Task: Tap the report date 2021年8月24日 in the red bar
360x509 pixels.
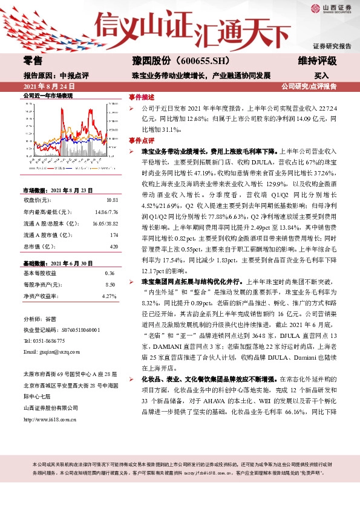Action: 47,86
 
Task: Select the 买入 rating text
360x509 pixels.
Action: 321,76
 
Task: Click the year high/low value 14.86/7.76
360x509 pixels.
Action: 106,212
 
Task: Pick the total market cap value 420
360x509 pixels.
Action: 113,247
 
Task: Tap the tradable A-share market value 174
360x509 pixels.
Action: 113,235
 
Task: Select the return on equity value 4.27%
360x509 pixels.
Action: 109,296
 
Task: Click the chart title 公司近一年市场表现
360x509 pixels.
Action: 48,96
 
